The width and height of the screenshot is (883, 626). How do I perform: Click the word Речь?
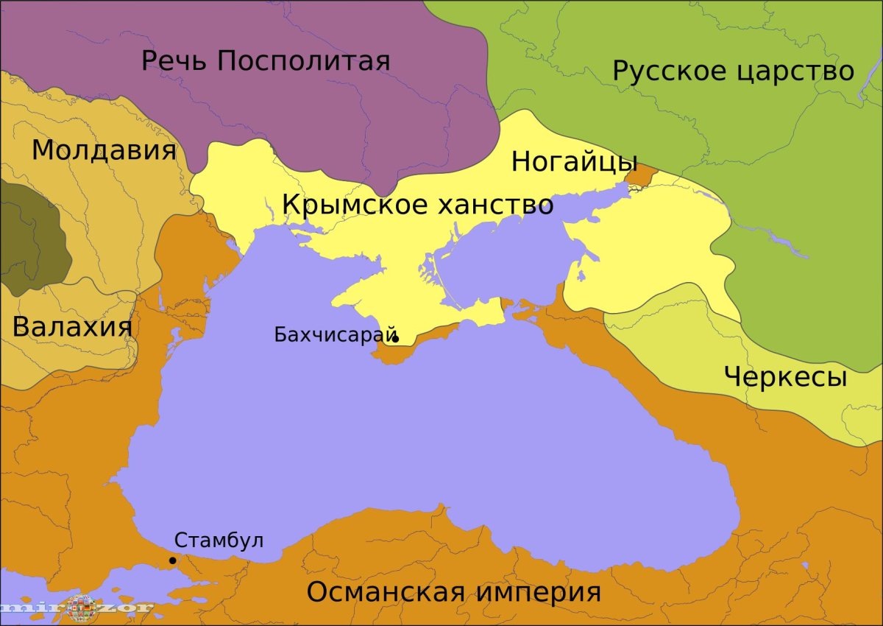click(174, 60)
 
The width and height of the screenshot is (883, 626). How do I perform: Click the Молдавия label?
click(104, 150)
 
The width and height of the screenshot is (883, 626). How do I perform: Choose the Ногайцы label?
click(574, 161)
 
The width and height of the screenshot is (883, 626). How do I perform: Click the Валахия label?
click(72, 326)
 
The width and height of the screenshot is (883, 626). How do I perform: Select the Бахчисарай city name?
click(336, 334)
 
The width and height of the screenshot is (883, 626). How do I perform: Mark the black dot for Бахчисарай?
click(395, 339)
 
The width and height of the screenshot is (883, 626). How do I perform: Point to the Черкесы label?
click(785, 376)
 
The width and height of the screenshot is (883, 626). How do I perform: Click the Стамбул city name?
click(219, 540)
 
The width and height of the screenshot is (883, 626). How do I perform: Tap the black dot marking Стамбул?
click(173, 560)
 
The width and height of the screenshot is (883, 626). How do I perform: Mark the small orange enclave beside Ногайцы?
click(639, 175)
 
